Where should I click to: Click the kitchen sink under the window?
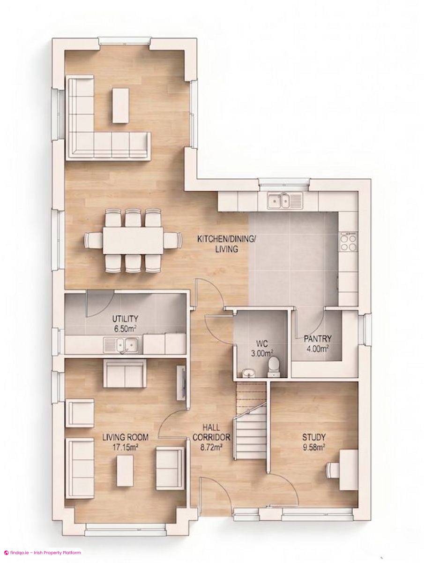284,200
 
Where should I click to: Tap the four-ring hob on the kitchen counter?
348,241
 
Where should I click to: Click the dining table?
133,240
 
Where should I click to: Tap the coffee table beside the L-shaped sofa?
120,105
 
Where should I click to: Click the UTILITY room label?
125,319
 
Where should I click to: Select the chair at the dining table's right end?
172,240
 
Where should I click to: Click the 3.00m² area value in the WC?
261,353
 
